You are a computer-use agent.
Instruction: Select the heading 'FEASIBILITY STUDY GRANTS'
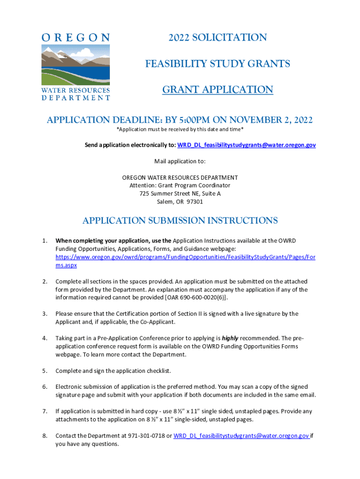(217, 63)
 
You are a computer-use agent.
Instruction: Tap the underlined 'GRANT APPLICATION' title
(217, 89)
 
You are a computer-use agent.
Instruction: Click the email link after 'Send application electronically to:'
(246, 145)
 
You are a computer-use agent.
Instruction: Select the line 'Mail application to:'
(180, 161)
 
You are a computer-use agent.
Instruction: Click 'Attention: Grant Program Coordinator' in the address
(180, 185)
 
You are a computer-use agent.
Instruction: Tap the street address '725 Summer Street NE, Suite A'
(180, 193)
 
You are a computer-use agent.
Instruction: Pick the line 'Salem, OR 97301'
(180, 202)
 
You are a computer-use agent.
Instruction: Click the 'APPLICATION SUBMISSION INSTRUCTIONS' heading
(180, 220)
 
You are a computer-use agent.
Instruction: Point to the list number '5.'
(44, 371)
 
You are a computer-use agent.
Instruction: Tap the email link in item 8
(241, 435)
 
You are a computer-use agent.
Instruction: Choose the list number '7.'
(44, 411)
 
